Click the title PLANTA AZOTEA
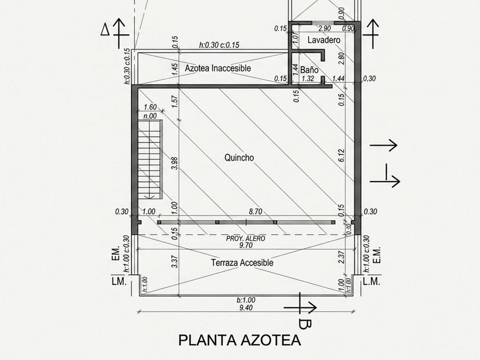[x=239, y=340]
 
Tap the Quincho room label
[x=239, y=158]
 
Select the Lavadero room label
[x=324, y=40]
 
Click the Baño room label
[x=309, y=70]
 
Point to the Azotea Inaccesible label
[x=218, y=68]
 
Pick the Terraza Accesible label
[x=242, y=263]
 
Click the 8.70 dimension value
[x=255, y=211]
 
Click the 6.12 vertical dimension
[x=342, y=156]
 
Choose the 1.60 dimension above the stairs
[x=150, y=107]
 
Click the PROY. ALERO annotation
[x=246, y=238]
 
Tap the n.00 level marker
[x=150, y=116]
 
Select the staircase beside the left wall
[x=150, y=160]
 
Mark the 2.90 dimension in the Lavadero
[x=325, y=29]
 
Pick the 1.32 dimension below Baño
[x=307, y=79]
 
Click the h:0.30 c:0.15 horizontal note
[x=219, y=45]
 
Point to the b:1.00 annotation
[x=246, y=301]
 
